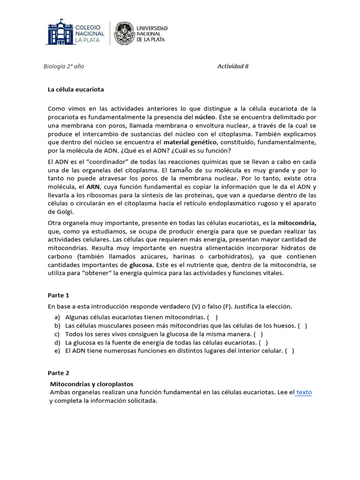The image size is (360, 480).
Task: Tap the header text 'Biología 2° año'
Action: [64, 66]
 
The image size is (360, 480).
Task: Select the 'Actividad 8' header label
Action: [233, 66]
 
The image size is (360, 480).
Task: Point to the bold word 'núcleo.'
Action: [205, 117]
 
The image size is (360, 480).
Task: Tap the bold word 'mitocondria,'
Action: [297, 223]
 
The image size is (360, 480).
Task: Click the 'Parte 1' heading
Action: [59, 295]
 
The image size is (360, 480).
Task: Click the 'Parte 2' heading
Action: [59, 373]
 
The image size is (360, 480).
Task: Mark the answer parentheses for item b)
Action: [302, 326]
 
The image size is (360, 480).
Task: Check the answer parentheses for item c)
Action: [258, 334]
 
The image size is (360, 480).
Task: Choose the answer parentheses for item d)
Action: [263, 343]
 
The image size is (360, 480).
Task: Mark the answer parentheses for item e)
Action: [290, 351]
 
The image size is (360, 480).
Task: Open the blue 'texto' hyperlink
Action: [304, 392]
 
